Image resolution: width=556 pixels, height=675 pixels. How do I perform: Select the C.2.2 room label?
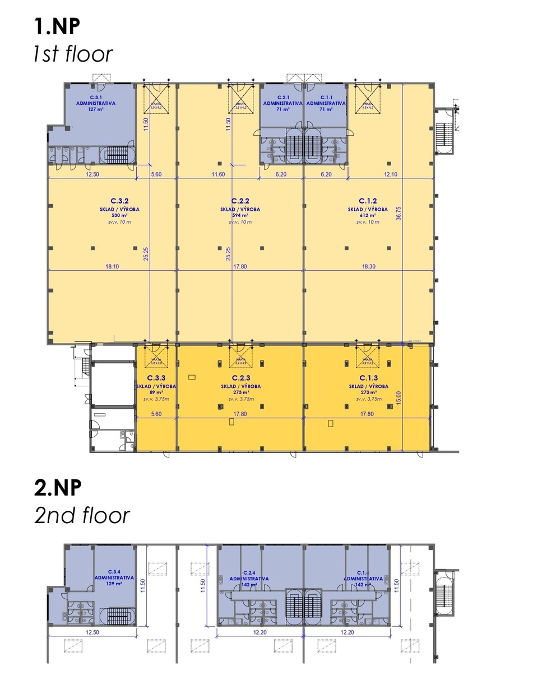click(x=240, y=201)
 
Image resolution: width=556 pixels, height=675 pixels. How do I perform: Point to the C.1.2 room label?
click(x=368, y=201)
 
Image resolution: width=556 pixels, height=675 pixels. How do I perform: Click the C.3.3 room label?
click(x=156, y=378)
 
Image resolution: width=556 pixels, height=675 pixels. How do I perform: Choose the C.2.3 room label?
click(x=240, y=378)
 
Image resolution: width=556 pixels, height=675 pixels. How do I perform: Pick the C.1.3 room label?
click(x=368, y=378)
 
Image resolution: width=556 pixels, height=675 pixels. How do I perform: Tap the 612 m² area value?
click(x=368, y=215)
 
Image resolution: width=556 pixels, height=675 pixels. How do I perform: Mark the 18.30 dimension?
click(x=368, y=267)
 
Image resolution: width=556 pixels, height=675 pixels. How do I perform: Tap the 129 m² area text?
click(x=114, y=584)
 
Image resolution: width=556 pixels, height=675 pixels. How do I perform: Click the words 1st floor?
click(x=72, y=54)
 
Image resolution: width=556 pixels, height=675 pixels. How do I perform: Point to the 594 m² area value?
click(x=240, y=215)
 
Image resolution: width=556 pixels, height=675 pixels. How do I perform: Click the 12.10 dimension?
click(x=391, y=175)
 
